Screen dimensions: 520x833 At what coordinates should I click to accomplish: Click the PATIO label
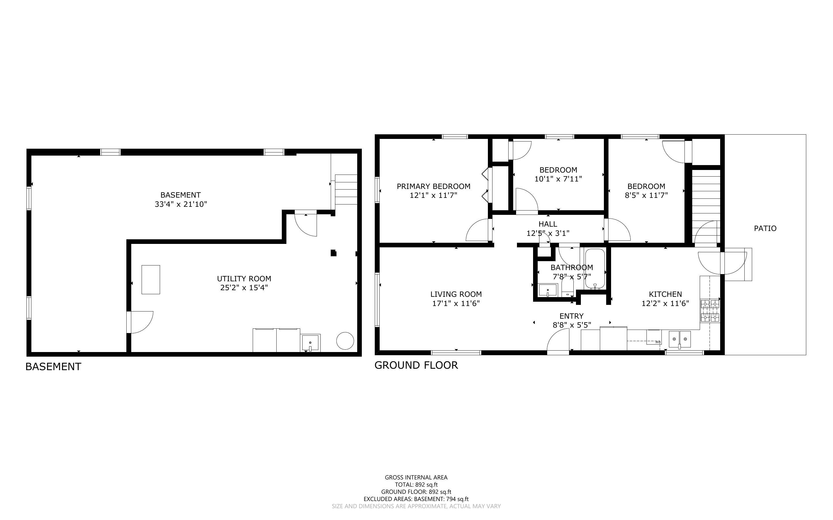tap(765, 228)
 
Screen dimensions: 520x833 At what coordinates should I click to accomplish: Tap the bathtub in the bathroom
tap(595, 269)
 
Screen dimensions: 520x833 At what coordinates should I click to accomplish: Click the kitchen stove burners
tap(710, 311)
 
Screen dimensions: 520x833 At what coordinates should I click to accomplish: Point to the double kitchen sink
tap(680, 339)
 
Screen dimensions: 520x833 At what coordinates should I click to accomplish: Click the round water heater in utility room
tap(345, 341)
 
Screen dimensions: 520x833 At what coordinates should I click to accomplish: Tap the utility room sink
tap(310, 343)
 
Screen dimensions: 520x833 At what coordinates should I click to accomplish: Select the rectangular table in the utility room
tap(151, 279)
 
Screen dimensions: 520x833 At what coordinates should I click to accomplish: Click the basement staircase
tap(346, 190)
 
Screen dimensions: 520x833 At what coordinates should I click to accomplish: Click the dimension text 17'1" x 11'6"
tap(456, 303)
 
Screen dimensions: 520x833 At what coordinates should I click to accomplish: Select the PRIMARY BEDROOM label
tap(433, 186)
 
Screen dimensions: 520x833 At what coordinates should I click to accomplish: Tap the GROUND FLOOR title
tap(416, 365)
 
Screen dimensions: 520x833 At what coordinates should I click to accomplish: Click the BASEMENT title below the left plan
tap(53, 367)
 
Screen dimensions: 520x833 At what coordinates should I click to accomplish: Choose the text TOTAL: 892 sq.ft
tap(416, 485)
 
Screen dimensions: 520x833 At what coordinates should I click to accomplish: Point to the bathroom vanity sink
tap(547, 290)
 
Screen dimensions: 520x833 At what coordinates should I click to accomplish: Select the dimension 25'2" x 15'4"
tap(244, 288)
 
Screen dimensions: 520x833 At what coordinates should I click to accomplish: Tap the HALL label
tap(548, 224)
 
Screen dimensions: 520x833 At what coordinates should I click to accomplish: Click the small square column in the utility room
tap(333, 253)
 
